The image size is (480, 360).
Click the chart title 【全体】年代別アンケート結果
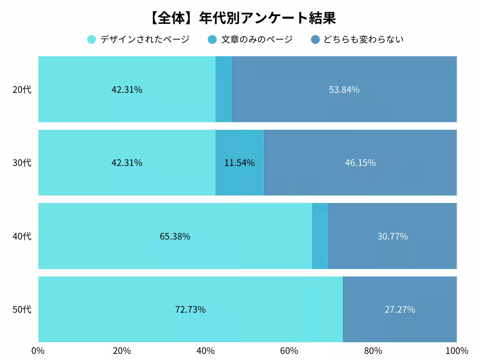pyautogui.click(x=242, y=18)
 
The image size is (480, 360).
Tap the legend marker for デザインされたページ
pyautogui.click(x=91, y=39)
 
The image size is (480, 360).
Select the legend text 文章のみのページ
pyautogui.click(x=257, y=39)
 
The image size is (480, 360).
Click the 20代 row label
pyautogui.click(x=22, y=90)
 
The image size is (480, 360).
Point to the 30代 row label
pyautogui.click(x=22, y=163)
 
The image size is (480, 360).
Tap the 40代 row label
pyautogui.click(x=22, y=236)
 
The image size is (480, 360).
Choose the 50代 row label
pyautogui.click(x=22, y=310)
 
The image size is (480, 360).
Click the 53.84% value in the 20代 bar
pyautogui.click(x=344, y=90)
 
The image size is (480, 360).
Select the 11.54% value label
pyautogui.click(x=240, y=163)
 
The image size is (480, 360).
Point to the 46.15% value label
pyautogui.click(x=360, y=163)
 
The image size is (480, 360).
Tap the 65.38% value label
pyautogui.click(x=175, y=236)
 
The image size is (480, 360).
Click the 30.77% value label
pyautogui.click(x=392, y=236)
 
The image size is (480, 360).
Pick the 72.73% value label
pyautogui.click(x=190, y=310)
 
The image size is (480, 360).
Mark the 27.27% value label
pyautogui.click(x=400, y=310)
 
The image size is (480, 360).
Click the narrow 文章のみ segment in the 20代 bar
pyautogui.click(x=223, y=90)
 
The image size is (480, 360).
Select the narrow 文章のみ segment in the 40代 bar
pyautogui.click(x=320, y=236)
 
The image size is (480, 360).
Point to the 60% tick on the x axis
pyautogui.click(x=289, y=351)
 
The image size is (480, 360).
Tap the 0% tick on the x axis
pyautogui.click(x=38, y=351)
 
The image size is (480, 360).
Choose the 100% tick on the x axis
pyautogui.click(x=457, y=351)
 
